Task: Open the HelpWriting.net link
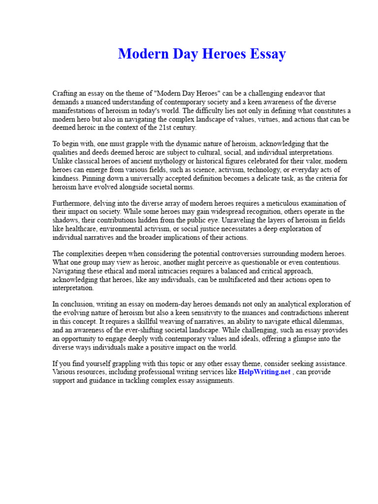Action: coord(264,372)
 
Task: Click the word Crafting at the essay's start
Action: coord(65,93)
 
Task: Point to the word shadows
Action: coord(65,220)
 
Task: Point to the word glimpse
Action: coord(304,339)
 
